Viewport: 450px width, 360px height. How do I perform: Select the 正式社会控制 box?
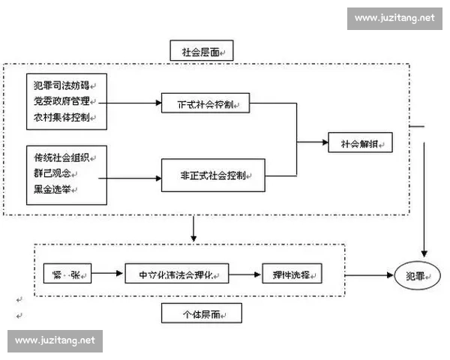tap(204, 103)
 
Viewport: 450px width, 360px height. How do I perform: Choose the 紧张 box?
tap(66, 274)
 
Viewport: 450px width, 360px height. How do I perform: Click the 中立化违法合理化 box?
tap(176, 274)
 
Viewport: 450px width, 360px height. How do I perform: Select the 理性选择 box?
tap(292, 274)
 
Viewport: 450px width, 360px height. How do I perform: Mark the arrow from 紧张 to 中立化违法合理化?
tap(107, 274)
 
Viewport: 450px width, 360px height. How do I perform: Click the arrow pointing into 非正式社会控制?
tap(130, 178)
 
